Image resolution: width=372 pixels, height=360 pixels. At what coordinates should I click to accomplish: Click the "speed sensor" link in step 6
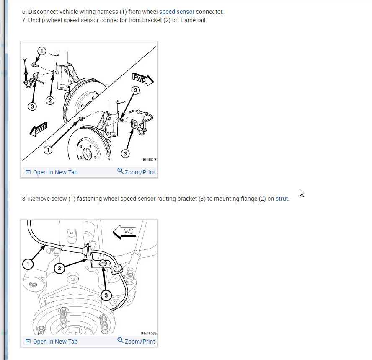tap(177, 12)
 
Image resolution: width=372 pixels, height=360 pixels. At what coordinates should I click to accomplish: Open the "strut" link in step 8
tap(282, 199)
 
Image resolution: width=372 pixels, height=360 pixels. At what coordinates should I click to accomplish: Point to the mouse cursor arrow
tap(302, 193)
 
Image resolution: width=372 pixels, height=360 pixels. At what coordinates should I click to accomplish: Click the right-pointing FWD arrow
tap(142, 79)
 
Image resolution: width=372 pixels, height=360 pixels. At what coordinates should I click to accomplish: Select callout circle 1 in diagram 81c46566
tap(28, 264)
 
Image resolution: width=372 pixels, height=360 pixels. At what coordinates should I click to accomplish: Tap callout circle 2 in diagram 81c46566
tap(59, 268)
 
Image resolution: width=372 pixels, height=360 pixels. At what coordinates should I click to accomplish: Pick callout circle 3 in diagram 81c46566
tap(106, 295)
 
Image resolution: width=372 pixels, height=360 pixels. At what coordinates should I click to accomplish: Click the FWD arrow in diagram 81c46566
tap(124, 232)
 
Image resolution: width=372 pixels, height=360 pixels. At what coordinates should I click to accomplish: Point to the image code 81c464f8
tap(150, 160)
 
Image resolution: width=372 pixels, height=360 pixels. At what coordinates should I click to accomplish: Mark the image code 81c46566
tap(149, 334)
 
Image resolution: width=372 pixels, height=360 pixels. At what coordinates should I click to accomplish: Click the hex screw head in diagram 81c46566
tap(103, 263)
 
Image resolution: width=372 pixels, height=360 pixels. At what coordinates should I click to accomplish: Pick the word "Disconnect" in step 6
tap(43, 12)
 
